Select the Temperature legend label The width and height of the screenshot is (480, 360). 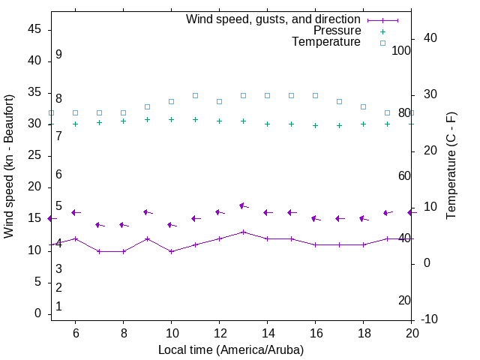[x=326, y=43]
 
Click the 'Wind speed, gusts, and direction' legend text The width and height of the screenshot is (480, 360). [x=273, y=19]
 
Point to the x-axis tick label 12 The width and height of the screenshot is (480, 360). [x=219, y=333]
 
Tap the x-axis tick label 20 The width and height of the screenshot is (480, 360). [x=411, y=333]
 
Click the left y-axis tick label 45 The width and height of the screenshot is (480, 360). [x=34, y=28]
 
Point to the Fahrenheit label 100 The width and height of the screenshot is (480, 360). [x=401, y=50]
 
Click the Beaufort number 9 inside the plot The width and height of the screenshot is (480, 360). [x=58, y=55]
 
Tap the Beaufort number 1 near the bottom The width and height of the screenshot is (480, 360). [x=58, y=307]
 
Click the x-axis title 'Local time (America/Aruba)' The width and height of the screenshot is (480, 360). [x=231, y=349]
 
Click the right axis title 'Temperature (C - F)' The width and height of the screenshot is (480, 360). [x=451, y=166]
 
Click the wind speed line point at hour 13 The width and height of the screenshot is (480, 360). [x=243, y=232]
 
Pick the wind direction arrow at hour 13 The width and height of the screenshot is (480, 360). [x=243, y=205]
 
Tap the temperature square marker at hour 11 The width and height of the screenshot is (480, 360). [x=195, y=95]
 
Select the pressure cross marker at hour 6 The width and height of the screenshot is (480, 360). [x=75, y=124]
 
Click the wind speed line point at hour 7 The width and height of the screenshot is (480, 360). [x=99, y=251]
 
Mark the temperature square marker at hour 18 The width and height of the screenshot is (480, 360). [x=363, y=106]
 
